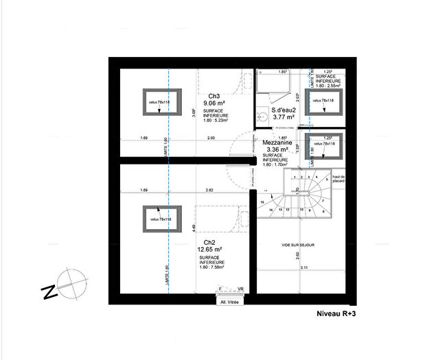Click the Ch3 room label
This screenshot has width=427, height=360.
(x=213, y=96)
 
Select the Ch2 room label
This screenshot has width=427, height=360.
(x=210, y=242)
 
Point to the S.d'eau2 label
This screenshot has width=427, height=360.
(x=283, y=110)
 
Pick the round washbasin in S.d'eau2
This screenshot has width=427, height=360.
(x=260, y=117)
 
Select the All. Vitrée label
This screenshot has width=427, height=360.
(x=229, y=301)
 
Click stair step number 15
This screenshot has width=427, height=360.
(x=263, y=202)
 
